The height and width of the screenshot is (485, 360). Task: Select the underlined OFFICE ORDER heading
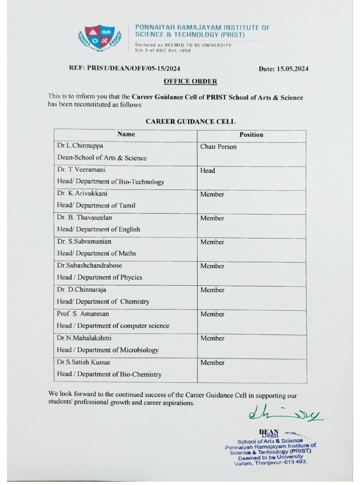tap(190, 81)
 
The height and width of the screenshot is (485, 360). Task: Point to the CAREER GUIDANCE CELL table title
tap(190, 122)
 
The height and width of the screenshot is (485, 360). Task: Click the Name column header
tap(126, 134)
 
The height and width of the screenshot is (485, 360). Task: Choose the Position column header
tap(251, 135)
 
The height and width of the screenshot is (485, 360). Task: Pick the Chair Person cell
tap(218, 147)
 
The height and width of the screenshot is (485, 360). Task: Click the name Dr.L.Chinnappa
tap(80, 146)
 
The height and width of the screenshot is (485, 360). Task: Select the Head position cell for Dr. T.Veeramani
tap(207, 171)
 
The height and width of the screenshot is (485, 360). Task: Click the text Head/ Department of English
tap(99, 229)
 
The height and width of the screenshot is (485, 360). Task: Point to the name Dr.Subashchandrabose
tap(90, 266)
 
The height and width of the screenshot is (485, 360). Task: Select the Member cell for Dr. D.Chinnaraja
tap(212, 290)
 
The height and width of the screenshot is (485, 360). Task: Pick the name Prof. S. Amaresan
tap(83, 314)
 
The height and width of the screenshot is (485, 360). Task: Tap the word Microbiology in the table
tap(140, 350)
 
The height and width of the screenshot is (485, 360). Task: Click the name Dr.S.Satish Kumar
tap(84, 362)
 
